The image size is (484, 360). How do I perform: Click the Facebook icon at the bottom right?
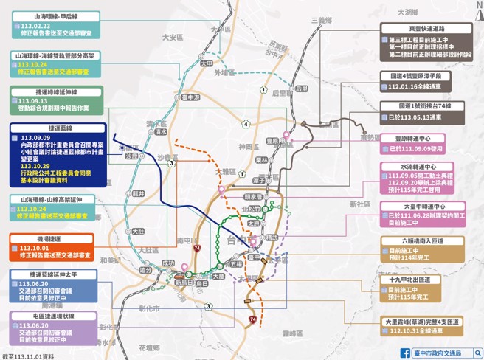click(404, 353)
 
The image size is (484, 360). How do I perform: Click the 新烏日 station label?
click(182, 282)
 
